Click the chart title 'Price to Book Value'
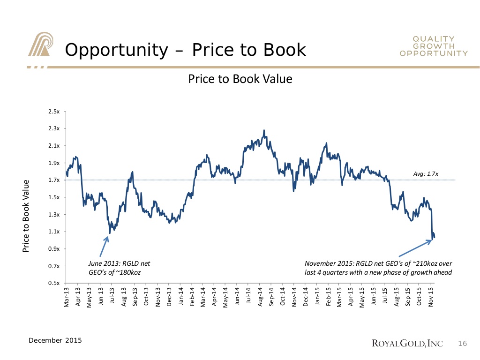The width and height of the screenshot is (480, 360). (x=240, y=79)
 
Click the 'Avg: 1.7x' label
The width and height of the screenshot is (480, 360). (x=426, y=174)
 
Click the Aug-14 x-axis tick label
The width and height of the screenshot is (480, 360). (x=261, y=296)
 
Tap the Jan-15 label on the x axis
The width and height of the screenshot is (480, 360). (x=317, y=296)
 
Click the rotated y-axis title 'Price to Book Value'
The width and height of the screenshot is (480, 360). (x=26, y=216)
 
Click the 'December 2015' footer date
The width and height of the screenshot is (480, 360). (x=55, y=340)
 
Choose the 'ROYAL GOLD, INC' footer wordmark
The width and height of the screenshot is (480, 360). (x=407, y=345)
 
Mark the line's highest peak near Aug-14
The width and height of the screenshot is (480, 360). (x=264, y=130)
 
